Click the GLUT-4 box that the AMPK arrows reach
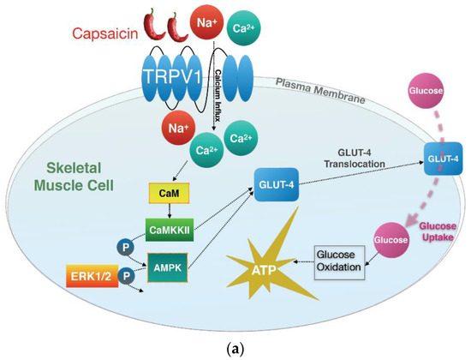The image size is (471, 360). (x=277, y=183)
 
